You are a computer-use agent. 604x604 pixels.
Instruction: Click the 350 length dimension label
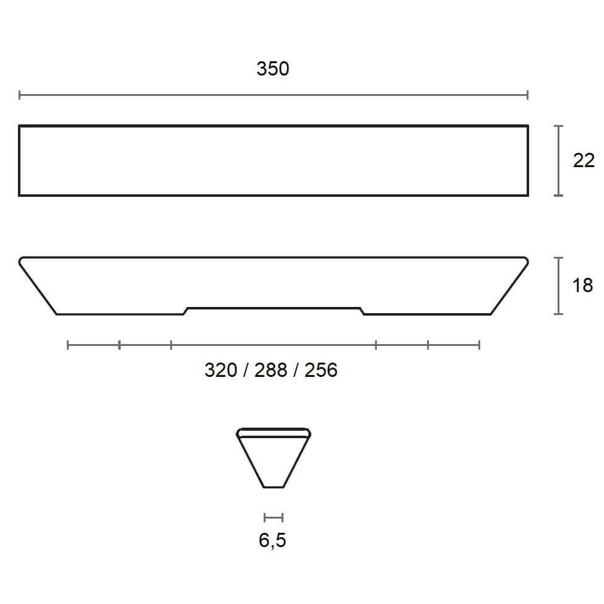[x=273, y=69]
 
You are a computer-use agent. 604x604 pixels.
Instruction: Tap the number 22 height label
[x=584, y=160]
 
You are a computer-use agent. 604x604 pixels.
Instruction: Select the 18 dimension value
[x=582, y=285]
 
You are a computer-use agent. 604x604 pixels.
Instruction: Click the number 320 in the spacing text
[x=221, y=370]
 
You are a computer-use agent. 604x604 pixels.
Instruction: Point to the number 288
[x=271, y=370]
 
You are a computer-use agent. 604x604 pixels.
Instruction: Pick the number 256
[x=321, y=370]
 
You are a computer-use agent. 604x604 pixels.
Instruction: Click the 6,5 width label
[x=272, y=540]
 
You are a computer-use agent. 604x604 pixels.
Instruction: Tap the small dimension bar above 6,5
[x=274, y=518]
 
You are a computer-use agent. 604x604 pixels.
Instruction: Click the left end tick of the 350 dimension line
[x=20, y=95]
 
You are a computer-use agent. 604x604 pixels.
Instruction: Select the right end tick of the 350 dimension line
[x=527, y=95]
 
